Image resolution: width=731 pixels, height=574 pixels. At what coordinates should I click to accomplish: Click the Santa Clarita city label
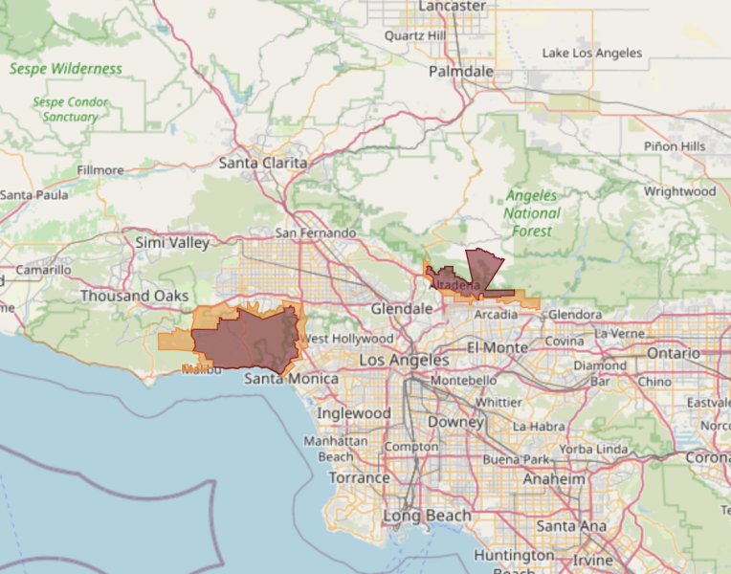(263, 163)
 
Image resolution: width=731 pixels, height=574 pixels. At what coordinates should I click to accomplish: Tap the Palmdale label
(461, 72)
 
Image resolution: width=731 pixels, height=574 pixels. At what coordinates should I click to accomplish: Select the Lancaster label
(454, 7)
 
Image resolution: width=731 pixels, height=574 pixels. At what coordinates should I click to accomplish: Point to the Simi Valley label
(172, 243)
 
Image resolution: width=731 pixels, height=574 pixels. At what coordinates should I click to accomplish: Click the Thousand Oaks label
(134, 296)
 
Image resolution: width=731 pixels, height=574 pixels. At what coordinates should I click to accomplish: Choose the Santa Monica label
(291, 379)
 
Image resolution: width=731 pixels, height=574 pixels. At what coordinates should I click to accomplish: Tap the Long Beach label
(427, 516)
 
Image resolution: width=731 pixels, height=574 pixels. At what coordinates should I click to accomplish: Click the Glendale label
(402, 309)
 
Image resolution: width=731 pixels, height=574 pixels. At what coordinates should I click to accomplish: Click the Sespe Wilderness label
(66, 69)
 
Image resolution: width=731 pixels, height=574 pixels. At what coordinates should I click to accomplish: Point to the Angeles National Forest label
(532, 213)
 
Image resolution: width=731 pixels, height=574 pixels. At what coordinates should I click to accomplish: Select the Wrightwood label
(679, 191)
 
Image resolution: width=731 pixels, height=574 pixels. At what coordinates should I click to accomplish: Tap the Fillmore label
(100, 170)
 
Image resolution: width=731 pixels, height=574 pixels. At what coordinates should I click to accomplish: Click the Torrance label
(360, 477)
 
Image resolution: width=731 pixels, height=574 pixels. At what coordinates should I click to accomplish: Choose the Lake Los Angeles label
(592, 54)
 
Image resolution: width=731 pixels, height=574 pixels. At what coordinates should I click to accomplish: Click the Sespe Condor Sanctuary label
(71, 109)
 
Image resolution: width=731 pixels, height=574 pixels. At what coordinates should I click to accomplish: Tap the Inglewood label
(354, 413)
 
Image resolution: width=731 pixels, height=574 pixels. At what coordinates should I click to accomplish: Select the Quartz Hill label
(415, 35)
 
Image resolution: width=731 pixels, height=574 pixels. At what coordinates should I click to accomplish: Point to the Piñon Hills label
(675, 146)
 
